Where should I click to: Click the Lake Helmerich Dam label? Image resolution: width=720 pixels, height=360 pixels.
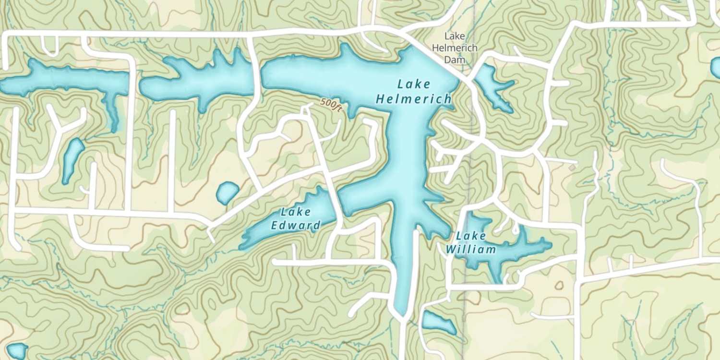click(454, 48)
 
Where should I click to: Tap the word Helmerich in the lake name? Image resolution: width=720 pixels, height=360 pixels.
click(413, 99)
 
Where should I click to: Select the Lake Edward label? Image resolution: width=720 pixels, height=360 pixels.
click(296, 218)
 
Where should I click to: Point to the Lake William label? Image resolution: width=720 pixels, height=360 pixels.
click(470, 242)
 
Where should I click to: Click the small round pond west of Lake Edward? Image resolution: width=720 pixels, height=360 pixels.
click(227, 192)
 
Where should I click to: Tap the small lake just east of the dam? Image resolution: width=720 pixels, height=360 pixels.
click(492, 86)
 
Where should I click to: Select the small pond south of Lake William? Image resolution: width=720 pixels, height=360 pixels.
click(438, 323)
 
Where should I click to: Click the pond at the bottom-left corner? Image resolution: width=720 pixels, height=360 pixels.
click(17, 351)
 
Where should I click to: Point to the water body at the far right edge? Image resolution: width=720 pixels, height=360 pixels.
click(716, 67)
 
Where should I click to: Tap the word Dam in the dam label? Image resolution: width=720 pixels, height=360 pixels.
click(454, 59)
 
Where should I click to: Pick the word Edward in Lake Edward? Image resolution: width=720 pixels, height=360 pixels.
click(296, 226)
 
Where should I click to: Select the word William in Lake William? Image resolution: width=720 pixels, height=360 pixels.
click(470, 250)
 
